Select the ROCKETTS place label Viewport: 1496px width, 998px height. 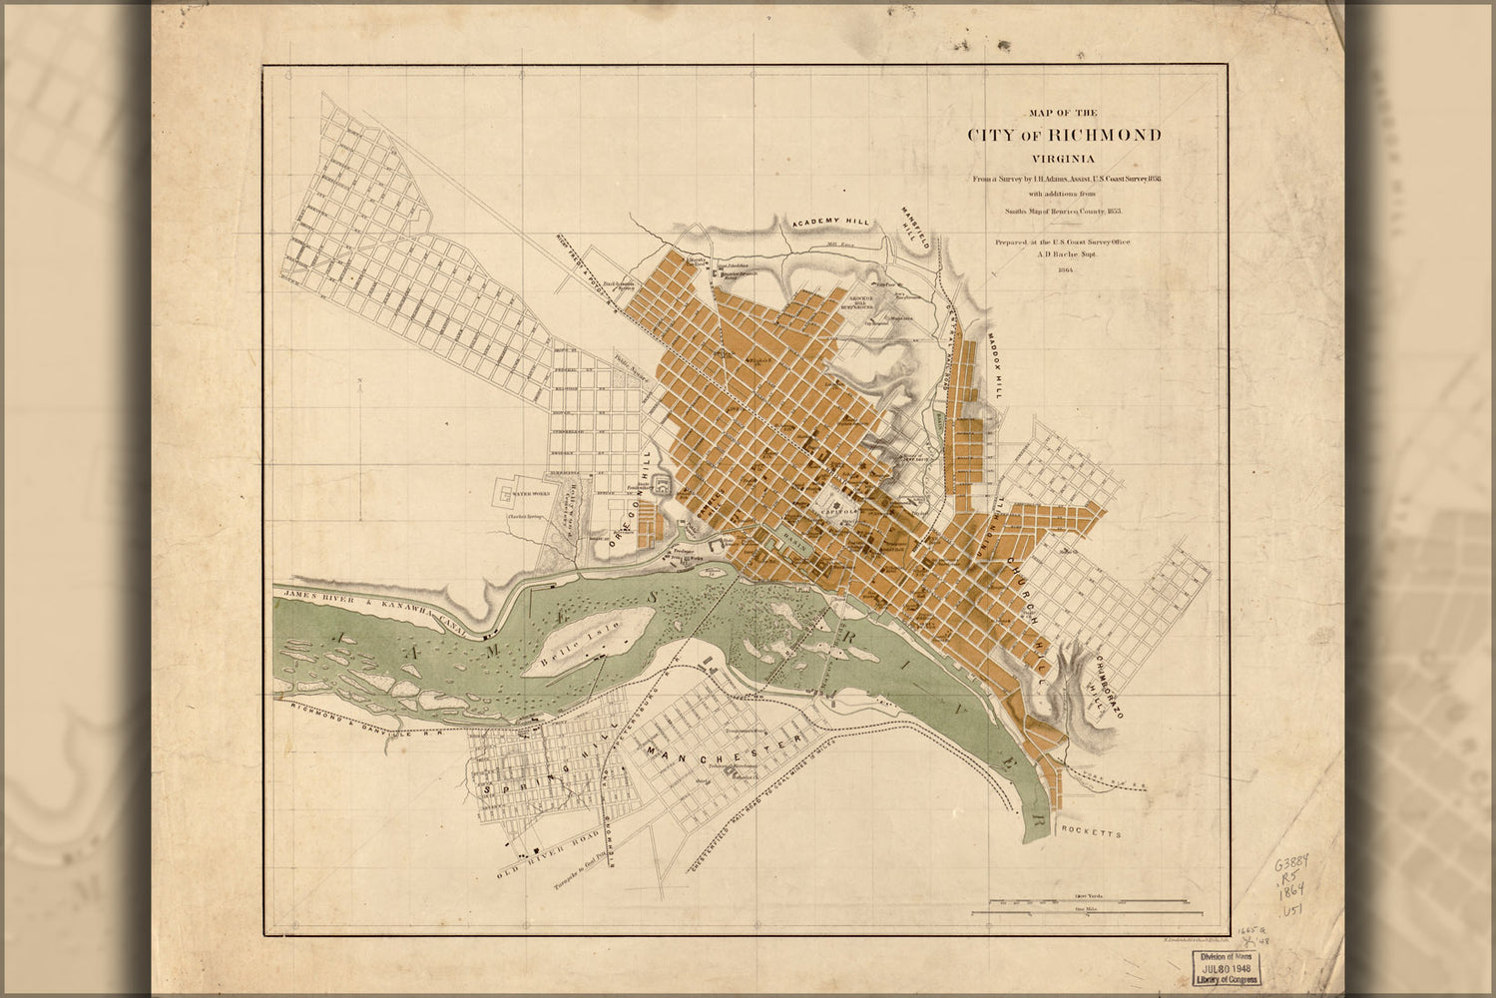click(1093, 830)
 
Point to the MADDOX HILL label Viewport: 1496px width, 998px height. click(995, 366)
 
